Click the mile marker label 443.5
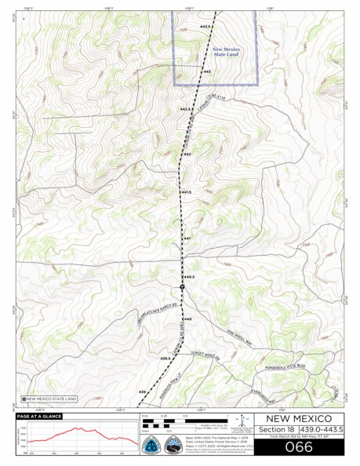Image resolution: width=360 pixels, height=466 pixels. tap(207, 27)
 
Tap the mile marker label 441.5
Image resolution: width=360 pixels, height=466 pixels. tap(186, 191)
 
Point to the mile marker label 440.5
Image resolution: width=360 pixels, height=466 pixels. tap(189, 277)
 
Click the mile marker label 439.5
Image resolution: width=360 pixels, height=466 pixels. tap(165, 358)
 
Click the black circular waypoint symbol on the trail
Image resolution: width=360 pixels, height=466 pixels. tap(182, 288)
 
